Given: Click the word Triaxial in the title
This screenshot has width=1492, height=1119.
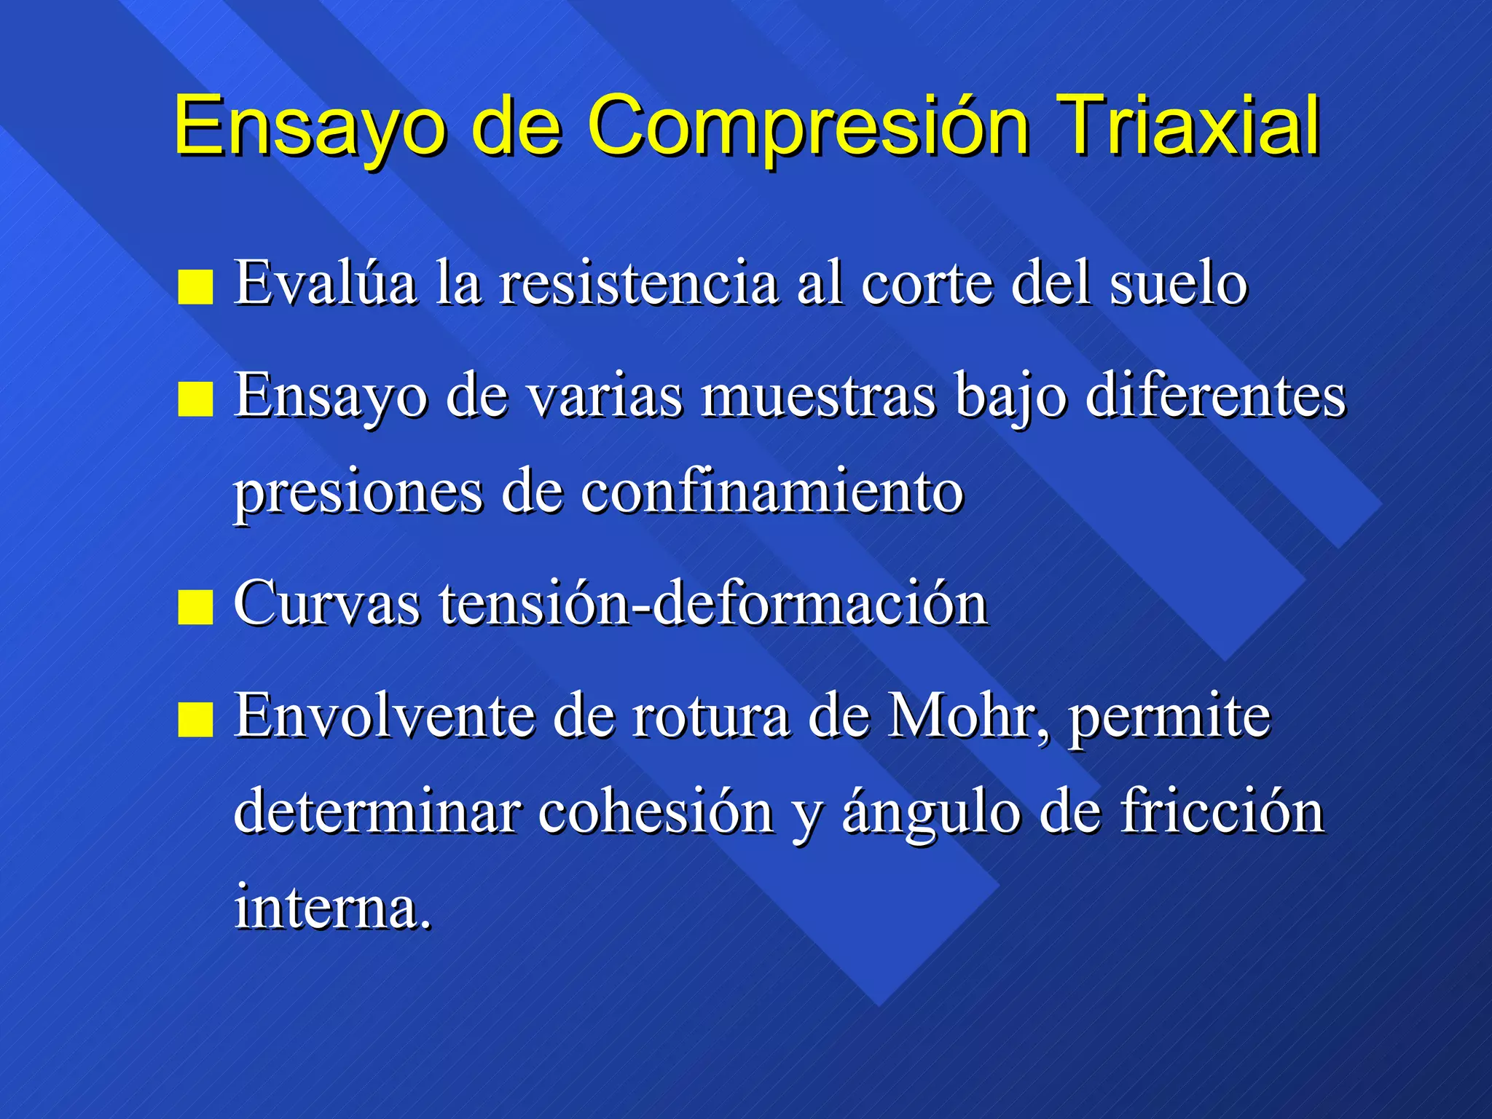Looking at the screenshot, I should [x=1188, y=125].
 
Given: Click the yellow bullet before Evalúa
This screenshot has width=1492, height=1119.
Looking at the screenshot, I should [x=195, y=287].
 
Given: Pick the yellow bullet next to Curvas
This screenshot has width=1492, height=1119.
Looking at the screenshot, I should [x=195, y=608].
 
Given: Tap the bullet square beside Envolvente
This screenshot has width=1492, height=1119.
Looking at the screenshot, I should [x=195, y=720].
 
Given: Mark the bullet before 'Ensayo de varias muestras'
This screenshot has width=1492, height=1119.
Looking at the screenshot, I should [x=195, y=399].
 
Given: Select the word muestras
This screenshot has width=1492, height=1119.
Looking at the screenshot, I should [x=818, y=396].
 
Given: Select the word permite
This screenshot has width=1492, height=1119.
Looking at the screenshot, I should [x=1169, y=718].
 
